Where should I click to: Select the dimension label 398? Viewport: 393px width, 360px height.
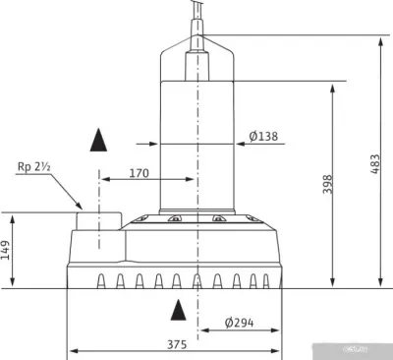(327, 184)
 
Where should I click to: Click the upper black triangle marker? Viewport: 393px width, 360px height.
(98, 140)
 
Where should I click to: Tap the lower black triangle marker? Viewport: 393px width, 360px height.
(179, 311)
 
